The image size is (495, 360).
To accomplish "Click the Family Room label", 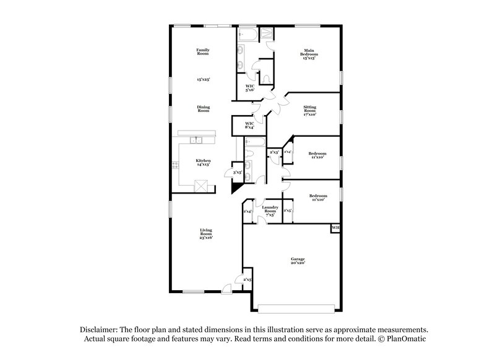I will [x=202, y=51].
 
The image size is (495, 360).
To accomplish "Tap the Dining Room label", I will [x=203, y=109].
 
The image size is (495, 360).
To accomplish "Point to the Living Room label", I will [x=205, y=234].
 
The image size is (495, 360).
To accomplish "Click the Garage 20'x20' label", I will [x=298, y=260].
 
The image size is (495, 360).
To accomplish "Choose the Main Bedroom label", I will [x=309, y=54].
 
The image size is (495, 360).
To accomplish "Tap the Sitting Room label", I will [x=309, y=111].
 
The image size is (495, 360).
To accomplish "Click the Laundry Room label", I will [x=269, y=210].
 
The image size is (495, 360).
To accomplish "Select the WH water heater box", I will [x=336, y=228].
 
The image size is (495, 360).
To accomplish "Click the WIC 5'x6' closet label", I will [x=250, y=88].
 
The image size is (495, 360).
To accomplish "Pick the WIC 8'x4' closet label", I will [x=249, y=126].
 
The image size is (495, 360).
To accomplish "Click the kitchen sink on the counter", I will [x=197, y=140].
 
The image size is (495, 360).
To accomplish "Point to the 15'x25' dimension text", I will [x=203, y=80].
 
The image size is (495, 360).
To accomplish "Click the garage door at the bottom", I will [x=299, y=307].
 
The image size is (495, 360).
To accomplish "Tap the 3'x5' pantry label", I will [x=237, y=173].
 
